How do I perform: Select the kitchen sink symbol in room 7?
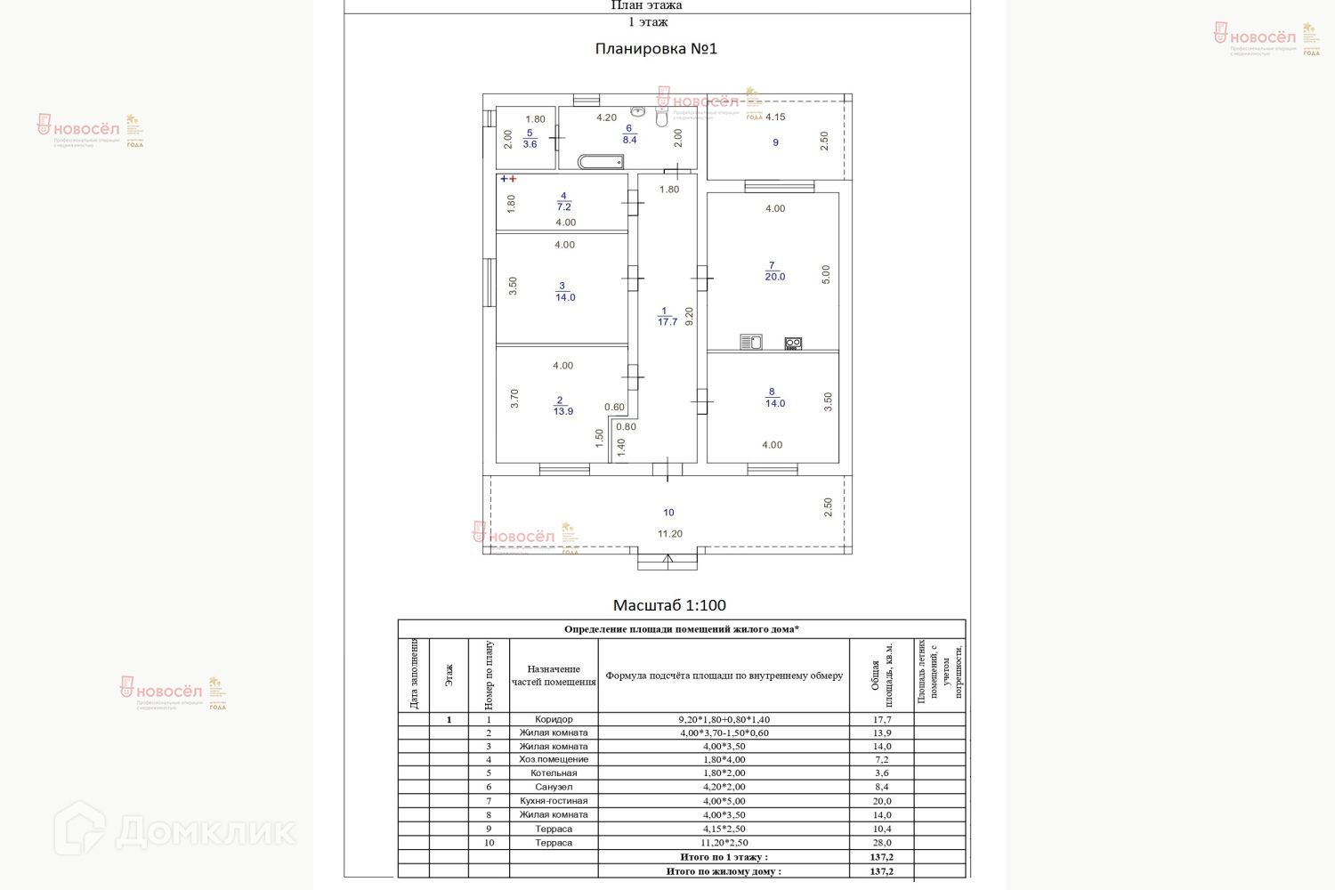point(750,342)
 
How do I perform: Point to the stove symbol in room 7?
point(792,343)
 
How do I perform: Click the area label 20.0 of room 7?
point(774,277)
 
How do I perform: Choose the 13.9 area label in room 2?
point(562,411)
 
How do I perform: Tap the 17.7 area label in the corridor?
point(667,322)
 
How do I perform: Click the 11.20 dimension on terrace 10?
point(670,534)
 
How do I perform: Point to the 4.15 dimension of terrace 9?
point(775,117)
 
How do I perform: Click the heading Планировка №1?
point(656,49)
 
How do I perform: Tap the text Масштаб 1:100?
point(669,605)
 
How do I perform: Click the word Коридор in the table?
point(554,719)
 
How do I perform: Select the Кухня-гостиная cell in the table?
point(554,801)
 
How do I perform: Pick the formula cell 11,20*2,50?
point(724,842)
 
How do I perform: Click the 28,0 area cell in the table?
point(881,842)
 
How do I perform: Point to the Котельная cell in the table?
point(554,773)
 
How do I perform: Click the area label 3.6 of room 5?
point(530,144)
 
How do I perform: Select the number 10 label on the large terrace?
point(668,513)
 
